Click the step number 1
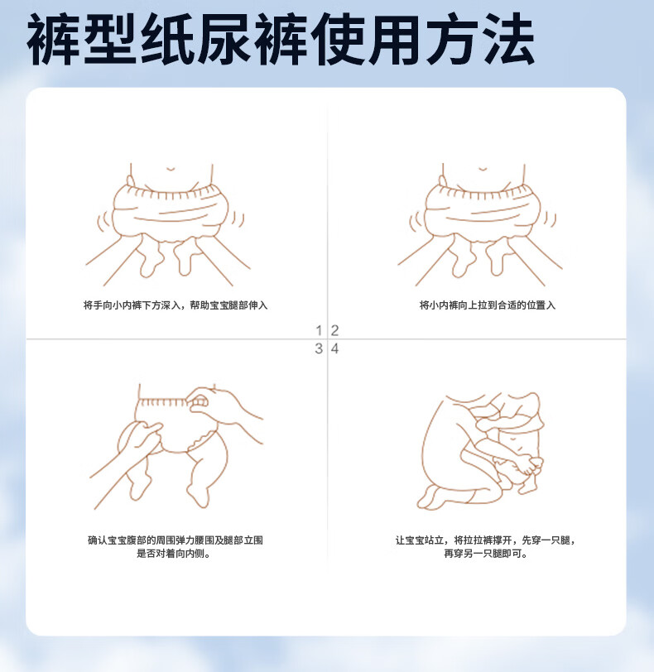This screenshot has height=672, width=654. click(x=319, y=330)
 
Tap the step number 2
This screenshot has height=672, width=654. click(x=334, y=330)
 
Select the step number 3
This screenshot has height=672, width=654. click(x=319, y=348)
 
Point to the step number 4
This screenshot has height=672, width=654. click(x=334, y=348)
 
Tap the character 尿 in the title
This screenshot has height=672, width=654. click(x=224, y=39)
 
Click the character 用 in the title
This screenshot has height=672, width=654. click(x=394, y=39)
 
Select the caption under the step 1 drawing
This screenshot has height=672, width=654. click(x=176, y=305)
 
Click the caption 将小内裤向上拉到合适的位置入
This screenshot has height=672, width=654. click(x=488, y=305)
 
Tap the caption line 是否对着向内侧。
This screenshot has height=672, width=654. click(x=174, y=554)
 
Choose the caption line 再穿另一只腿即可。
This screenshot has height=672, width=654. click(x=486, y=554)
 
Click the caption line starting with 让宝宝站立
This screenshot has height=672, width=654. click(x=486, y=540)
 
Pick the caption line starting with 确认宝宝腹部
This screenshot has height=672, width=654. click(x=176, y=540)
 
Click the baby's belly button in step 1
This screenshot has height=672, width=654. click(x=171, y=170)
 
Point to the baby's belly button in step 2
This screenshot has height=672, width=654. click(x=483, y=170)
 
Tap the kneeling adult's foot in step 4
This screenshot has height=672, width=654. click(x=430, y=498)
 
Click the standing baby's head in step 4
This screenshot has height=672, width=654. click(x=523, y=407)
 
